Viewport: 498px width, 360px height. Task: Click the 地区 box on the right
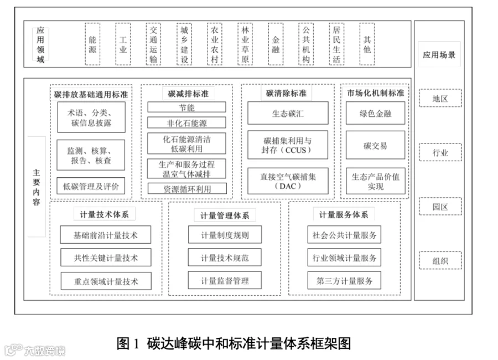click(440, 99)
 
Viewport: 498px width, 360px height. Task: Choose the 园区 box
click(440, 207)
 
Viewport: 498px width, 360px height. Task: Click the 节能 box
click(186, 107)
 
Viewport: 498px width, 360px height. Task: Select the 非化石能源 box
click(186, 123)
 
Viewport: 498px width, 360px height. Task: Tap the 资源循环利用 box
click(186, 189)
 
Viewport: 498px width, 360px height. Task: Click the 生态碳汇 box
click(287, 114)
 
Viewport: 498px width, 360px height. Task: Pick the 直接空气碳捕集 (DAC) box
click(287, 181)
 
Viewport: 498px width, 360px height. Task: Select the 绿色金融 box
click(375, 114)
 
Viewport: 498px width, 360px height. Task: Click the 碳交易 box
click(375, 146)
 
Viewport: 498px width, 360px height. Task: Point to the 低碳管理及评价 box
click(91, 186)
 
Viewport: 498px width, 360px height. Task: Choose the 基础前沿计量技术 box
click(105, 235)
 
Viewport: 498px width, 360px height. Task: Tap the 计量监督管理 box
click(225, 281)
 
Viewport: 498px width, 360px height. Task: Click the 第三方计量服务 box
click(344, 281)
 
